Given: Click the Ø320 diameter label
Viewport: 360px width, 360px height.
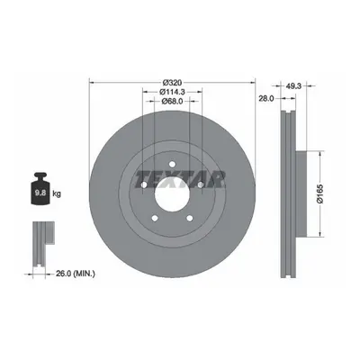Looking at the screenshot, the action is (172, 82).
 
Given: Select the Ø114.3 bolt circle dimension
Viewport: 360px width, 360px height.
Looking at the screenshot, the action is (172, 92).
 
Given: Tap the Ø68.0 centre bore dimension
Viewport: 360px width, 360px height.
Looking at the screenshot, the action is (172, 102).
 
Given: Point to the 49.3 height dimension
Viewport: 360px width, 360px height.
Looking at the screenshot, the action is (293, 86).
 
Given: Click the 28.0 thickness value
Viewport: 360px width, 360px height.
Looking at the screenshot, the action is (266, 98).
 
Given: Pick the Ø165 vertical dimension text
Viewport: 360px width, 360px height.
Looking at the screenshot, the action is (319, 194).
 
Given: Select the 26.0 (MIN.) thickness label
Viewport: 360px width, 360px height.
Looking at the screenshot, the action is (76, 274).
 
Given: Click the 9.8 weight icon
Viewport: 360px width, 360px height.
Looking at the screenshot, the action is (40, 189).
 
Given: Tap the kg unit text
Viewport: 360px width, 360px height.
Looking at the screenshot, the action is (57, 193).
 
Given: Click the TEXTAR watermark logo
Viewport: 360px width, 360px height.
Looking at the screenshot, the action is (181, 179).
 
